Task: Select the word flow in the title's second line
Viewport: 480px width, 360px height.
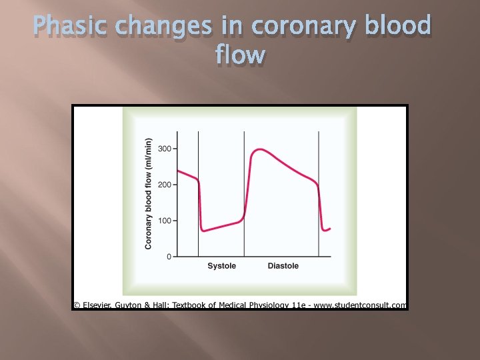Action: tap(240, 55)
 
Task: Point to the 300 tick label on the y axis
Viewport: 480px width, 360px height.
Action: tap(164, 148)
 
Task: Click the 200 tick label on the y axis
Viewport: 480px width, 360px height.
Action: tap(164, 184)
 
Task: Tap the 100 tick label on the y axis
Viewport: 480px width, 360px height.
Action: tap(164, 221)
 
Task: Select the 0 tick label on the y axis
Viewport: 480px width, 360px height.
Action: tap(168, 257)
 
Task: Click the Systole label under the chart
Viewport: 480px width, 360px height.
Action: tap(221, 266)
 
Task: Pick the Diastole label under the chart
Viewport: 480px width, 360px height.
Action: tap(283, 266)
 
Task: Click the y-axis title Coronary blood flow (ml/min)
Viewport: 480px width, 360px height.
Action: tap(149, 193)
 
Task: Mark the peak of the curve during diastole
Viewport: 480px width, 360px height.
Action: tap(259, 149)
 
